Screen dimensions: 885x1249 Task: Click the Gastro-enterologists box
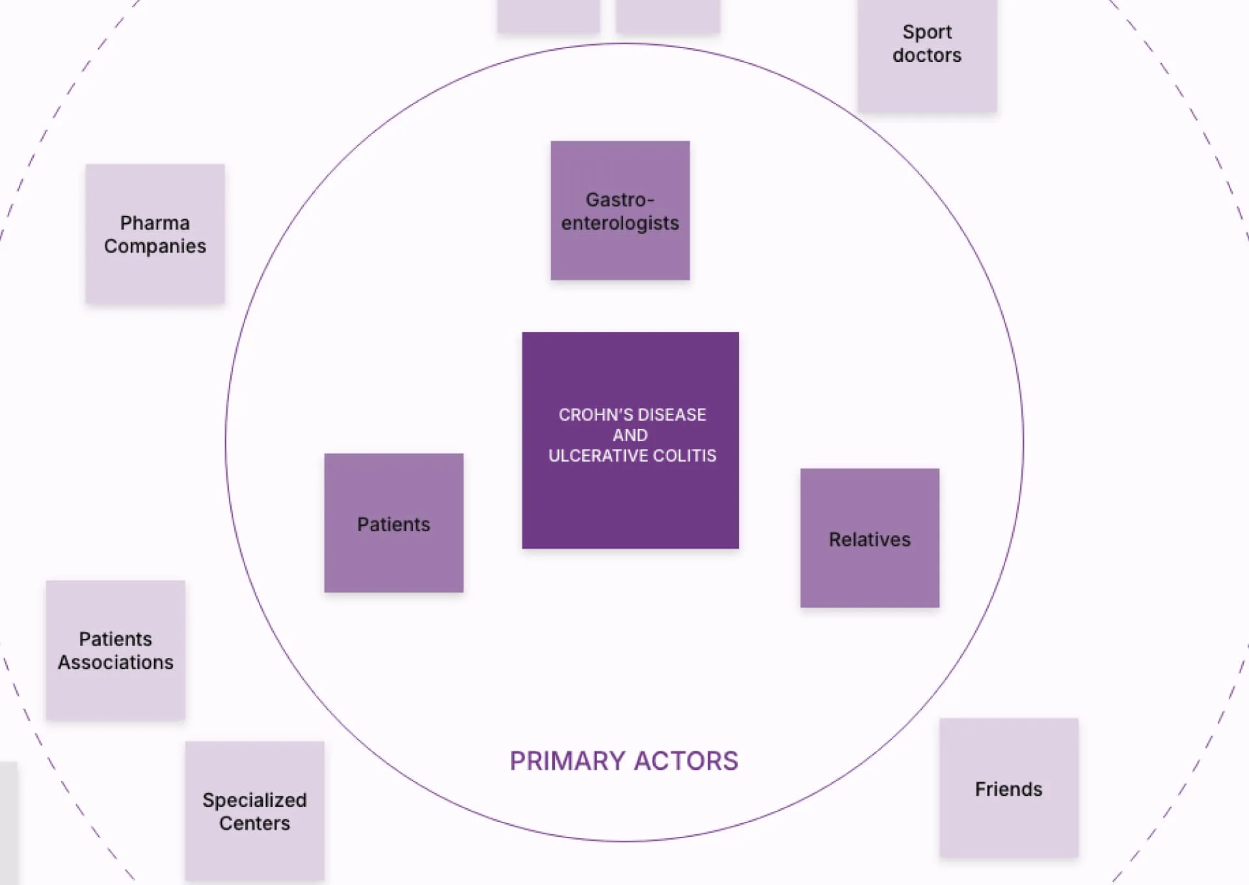[620, 210]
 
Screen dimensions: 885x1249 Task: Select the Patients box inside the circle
[394, 523]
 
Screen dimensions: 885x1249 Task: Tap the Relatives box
[870, 538]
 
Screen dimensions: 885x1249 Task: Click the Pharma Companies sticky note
[155, 234]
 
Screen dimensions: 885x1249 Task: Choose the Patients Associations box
[115, 650]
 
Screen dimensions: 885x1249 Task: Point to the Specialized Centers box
[254, 811]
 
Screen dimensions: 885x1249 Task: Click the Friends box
[1009, 788]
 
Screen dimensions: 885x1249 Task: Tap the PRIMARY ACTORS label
[624, 761]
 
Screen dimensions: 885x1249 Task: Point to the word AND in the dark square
[630, 435]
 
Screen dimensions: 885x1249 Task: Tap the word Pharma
[155, 223]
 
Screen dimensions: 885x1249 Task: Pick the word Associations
[116, 662]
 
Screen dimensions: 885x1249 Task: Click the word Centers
[254, 823]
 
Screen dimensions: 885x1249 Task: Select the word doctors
[927, 55]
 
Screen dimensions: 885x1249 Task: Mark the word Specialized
[254, 800]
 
